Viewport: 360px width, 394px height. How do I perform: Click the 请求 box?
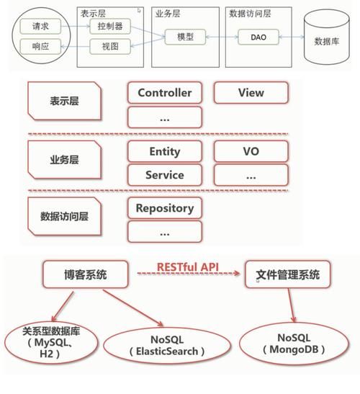[x=40, y=27]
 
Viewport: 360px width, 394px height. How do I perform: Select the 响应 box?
[x=40, y=47]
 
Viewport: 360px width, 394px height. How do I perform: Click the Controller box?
[x=164, y=93]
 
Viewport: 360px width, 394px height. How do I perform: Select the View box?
[x=251, y=92]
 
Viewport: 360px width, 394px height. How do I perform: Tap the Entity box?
[x=164, y=152]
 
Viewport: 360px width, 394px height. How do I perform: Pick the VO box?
[x=251, y=152]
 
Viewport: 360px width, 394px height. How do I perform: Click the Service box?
[x=164, y=175]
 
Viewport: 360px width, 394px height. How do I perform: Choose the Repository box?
[x=164, y=208]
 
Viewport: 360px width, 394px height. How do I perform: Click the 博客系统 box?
[x=86, y=274]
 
